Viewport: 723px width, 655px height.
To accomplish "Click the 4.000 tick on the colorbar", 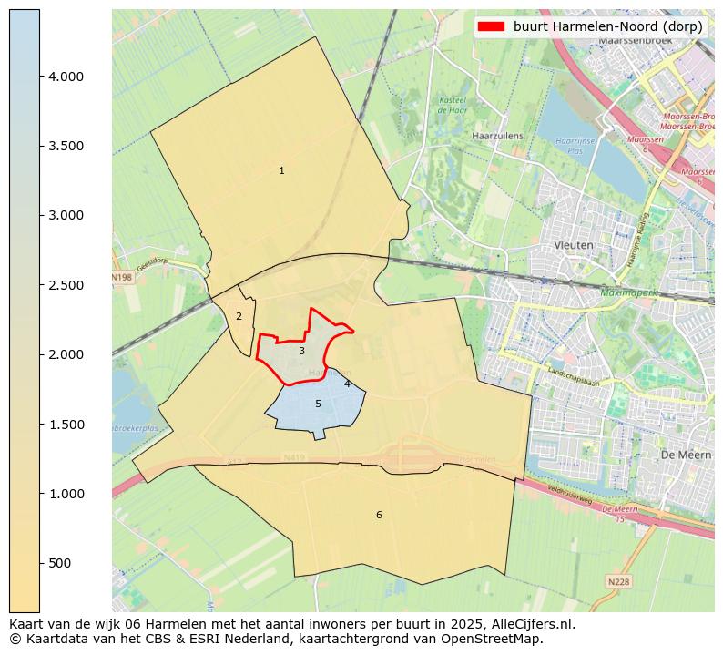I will (66, 77).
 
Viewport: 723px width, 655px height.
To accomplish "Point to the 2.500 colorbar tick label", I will (66, 285).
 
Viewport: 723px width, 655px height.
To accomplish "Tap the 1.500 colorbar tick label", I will (66, 425).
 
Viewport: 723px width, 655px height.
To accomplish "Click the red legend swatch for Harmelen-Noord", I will (491, 26).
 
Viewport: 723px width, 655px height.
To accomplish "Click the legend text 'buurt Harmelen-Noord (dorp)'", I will (607, 26).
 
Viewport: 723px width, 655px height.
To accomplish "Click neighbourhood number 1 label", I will (281, 171).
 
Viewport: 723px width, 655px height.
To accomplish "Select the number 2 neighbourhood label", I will (239, 317).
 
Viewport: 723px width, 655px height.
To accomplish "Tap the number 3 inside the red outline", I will (301, 351).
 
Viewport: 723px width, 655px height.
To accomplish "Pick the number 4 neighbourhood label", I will (347, 384).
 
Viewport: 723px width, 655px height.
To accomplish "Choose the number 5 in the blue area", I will (318, 404).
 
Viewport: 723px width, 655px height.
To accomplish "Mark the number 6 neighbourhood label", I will (379, 516).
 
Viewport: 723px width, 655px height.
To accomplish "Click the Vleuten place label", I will (574, 246).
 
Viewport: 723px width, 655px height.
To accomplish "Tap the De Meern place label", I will (679, 454).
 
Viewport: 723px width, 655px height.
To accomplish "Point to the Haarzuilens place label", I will (497, 136).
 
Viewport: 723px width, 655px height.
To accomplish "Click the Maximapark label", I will (628, 292).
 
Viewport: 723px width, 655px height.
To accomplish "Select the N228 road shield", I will (617, 580).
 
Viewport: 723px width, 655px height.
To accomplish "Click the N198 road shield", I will (121, 277).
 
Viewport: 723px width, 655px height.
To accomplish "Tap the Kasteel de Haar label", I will (453, 105).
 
